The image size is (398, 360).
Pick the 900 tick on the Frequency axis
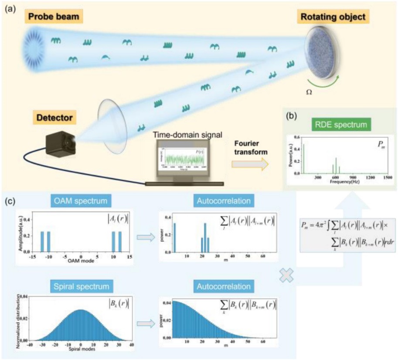(x=354, y=178)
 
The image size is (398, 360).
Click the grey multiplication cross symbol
(x=287, y=275)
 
